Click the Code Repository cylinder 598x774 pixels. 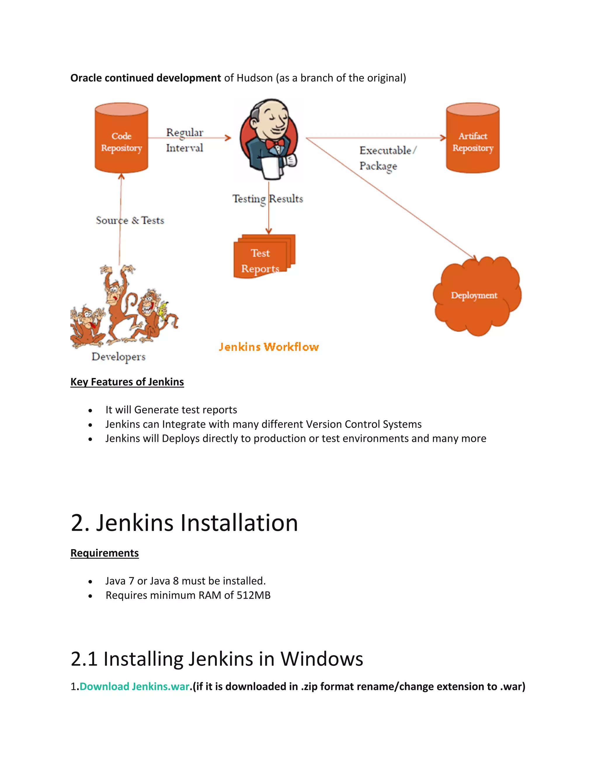(121, 138)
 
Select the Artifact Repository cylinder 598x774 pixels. (473, 138)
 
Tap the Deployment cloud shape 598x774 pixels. (476, 296)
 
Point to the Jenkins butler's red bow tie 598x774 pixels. (275, 143)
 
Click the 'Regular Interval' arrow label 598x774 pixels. (185, 140)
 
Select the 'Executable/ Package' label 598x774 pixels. (387, 158)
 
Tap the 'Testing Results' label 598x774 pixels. (268, 199)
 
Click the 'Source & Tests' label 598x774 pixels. (130, 221)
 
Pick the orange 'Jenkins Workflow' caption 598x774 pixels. (269, 347)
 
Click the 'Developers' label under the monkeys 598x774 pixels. (118, 357)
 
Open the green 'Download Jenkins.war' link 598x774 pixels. (135, 686)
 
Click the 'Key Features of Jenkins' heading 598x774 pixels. (127, 382)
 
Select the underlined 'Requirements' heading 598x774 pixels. (105, 553)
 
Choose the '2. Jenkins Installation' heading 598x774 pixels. (184, 523)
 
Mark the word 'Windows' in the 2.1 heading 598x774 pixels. (322, 659)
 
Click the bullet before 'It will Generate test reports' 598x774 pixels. (90, 410)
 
